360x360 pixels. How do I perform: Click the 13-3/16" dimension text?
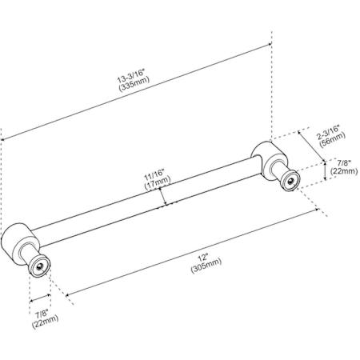(x=131, y=76)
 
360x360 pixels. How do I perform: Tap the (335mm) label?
(x=134, y=84)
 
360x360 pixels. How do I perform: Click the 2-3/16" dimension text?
(x=328, y=132)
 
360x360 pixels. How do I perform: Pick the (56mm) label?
(x=332, y=139)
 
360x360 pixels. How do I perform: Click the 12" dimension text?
(x=202, y=258)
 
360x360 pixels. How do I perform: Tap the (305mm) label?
(x=206, y=266)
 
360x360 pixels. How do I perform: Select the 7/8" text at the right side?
(x=344, y=162)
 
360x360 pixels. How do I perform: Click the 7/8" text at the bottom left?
(x=42, y=314)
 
